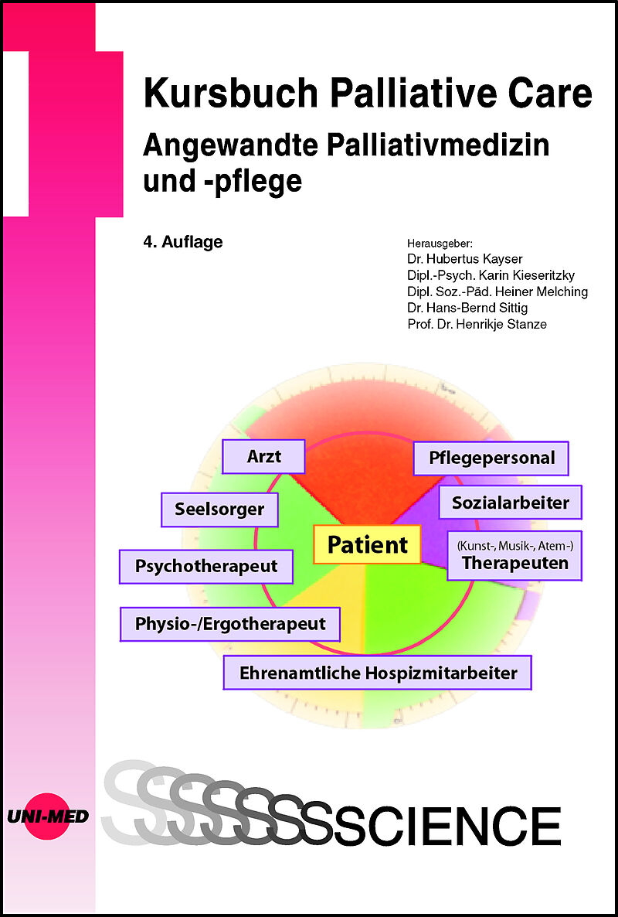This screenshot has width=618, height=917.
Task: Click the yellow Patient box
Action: click(368, 544)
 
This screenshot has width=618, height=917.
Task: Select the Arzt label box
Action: click(263, 456)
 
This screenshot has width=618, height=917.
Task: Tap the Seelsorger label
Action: click(219, 510)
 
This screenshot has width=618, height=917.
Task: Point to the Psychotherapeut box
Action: click(206, 566)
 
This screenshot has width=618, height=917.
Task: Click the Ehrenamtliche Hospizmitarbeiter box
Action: click(378, 673)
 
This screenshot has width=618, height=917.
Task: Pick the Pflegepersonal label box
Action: click(491, 458)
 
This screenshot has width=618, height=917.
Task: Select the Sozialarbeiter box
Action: click(510, 502)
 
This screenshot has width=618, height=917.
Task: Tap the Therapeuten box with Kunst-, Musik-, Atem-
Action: click(514, 556)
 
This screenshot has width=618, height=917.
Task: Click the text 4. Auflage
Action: click(183, 241)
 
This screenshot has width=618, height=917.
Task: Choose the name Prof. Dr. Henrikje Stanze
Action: click(477, 323)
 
